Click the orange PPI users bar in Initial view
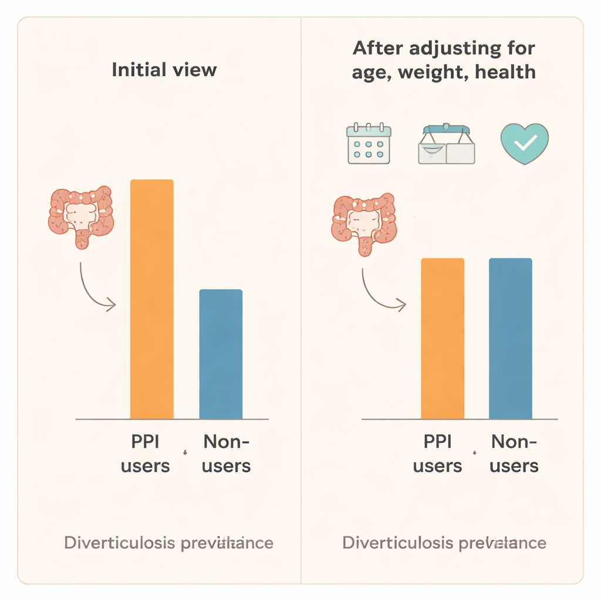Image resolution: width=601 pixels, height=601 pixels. click(x=151, y=299)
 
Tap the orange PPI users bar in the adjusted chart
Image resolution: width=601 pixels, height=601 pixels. click(x=443, y=339)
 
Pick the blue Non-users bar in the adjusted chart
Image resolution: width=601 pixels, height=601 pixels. click(x=511, y=339)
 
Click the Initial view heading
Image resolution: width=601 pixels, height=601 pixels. click(x=164, y=70)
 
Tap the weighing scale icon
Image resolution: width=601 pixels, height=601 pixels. click(x=446, y=144)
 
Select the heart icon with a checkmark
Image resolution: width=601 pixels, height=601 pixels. click(x=524, y=143)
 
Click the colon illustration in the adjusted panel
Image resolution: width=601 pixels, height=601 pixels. click(x=364, y=224)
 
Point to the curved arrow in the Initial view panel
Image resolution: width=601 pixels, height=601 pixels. click(x=94, y=288)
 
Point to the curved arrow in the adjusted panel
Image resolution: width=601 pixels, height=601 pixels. click(x=380, y=291)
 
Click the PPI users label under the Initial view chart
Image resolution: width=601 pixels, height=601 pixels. click(x=145, y=454)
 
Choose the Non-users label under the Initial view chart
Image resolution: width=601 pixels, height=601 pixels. click(x=226, y=454)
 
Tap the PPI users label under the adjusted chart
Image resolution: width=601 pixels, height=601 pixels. click(x=437, y=454)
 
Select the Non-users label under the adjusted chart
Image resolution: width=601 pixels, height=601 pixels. click(x=514, y=454)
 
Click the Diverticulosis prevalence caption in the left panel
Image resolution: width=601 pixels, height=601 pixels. click(x=168, y=542)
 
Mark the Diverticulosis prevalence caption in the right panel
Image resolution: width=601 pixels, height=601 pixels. click(x=444, y=542)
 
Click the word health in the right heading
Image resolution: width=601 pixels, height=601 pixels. click(x=505, y=72)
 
